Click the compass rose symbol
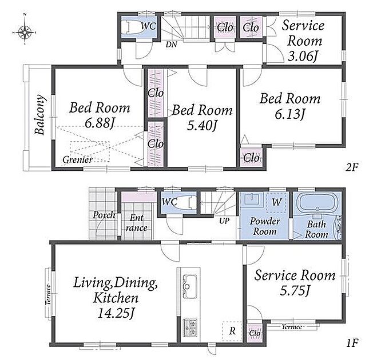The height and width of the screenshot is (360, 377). click(x=24, y=31)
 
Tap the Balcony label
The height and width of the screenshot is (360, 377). click(x=40, y=115)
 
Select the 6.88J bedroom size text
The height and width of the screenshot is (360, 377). click(x=99, y=123)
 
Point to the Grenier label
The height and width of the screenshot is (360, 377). click(x=77, y=159)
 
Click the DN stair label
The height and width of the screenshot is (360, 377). click(x=171, y=45)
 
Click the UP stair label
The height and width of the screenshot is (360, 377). click(x=224, y=221)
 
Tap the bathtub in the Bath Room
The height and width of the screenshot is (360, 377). click(x=316, y=203)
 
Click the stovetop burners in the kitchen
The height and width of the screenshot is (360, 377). click(x=190, y=327)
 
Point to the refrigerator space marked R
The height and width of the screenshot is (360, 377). click(x=232, y=331)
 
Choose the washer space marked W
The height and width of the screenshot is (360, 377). click(x=276, y=202)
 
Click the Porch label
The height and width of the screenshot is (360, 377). click(x=104, y=215)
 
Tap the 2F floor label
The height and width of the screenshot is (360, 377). click(x=352, y=167)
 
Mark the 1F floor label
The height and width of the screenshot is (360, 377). click(x=352, y=343)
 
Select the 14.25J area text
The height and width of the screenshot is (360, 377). click(x=116, y=313)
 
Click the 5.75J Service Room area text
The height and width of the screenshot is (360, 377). click(x=295, y=290)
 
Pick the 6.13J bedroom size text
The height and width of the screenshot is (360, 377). click(x=289, y=114)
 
